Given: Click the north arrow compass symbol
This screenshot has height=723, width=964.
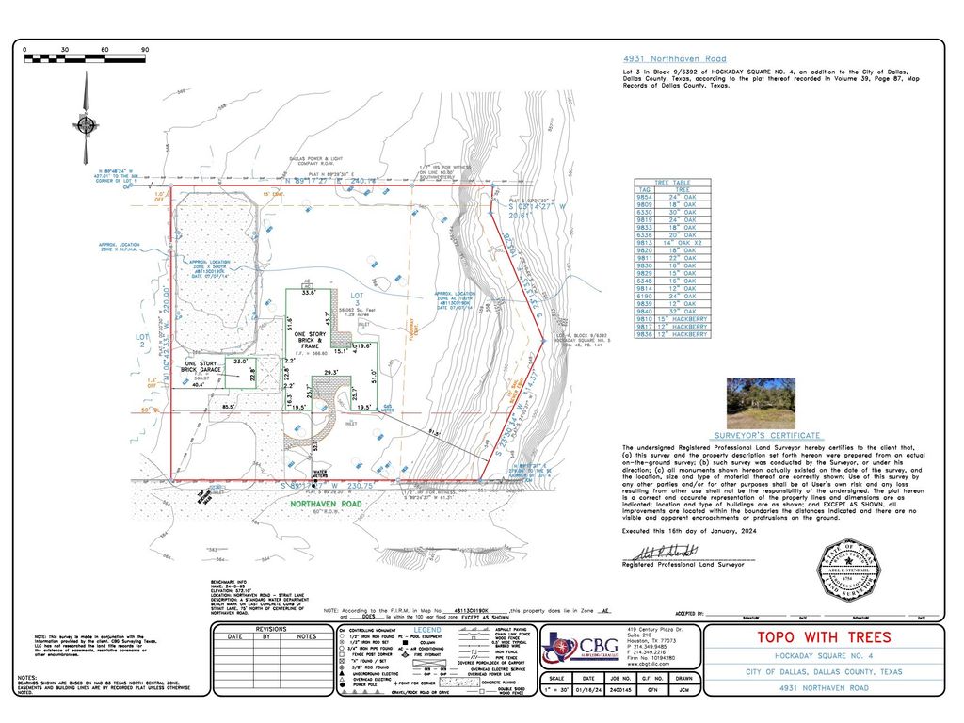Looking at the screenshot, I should point(86,122).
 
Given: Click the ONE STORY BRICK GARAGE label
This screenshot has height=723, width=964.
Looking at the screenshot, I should point(202,366).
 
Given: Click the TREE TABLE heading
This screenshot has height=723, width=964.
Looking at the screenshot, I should point(675,183).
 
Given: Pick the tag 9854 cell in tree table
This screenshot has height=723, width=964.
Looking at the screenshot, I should point(646,196).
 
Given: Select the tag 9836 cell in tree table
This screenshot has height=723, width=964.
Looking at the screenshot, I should point(646,333).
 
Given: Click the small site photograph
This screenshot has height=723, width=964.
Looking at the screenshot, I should point(761,402).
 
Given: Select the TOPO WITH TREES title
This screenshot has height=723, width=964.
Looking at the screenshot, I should point(822,636).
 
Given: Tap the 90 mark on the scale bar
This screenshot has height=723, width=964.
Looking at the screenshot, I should point(144,49).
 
